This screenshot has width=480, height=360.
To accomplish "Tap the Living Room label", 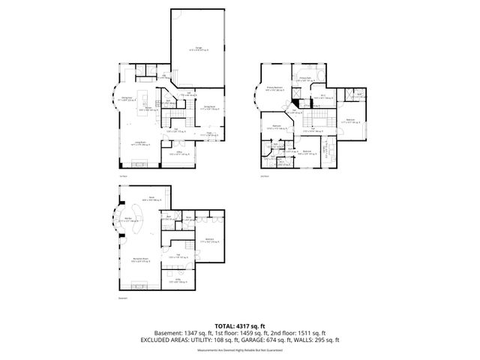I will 139,142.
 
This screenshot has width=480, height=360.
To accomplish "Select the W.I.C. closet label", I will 322,96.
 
